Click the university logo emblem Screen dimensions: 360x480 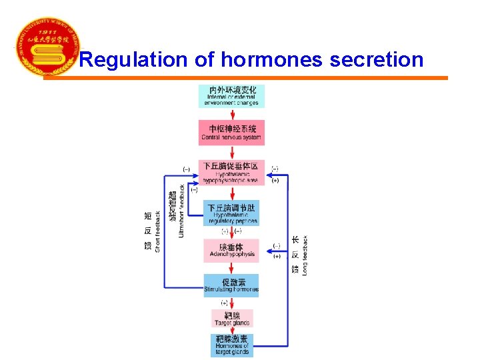[x=46, y=47]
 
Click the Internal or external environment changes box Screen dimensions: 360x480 [x=232, y=95]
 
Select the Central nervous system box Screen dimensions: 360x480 [x=232, y=132]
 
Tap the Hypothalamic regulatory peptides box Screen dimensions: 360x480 [x=231, y=214]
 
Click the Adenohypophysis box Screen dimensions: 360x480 [x=231, y=251]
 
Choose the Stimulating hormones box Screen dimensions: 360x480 [x=231, y=285]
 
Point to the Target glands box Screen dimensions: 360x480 [x=232, y=319]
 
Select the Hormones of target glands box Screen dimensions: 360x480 [x=232, y=345]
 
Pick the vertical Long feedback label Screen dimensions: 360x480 [x=305, y=255]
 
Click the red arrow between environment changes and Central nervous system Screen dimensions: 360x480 [x=232, y=113]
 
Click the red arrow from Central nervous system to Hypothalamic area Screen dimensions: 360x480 [x=232, y=153]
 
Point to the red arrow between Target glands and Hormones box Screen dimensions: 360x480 [x=232, y=330]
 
